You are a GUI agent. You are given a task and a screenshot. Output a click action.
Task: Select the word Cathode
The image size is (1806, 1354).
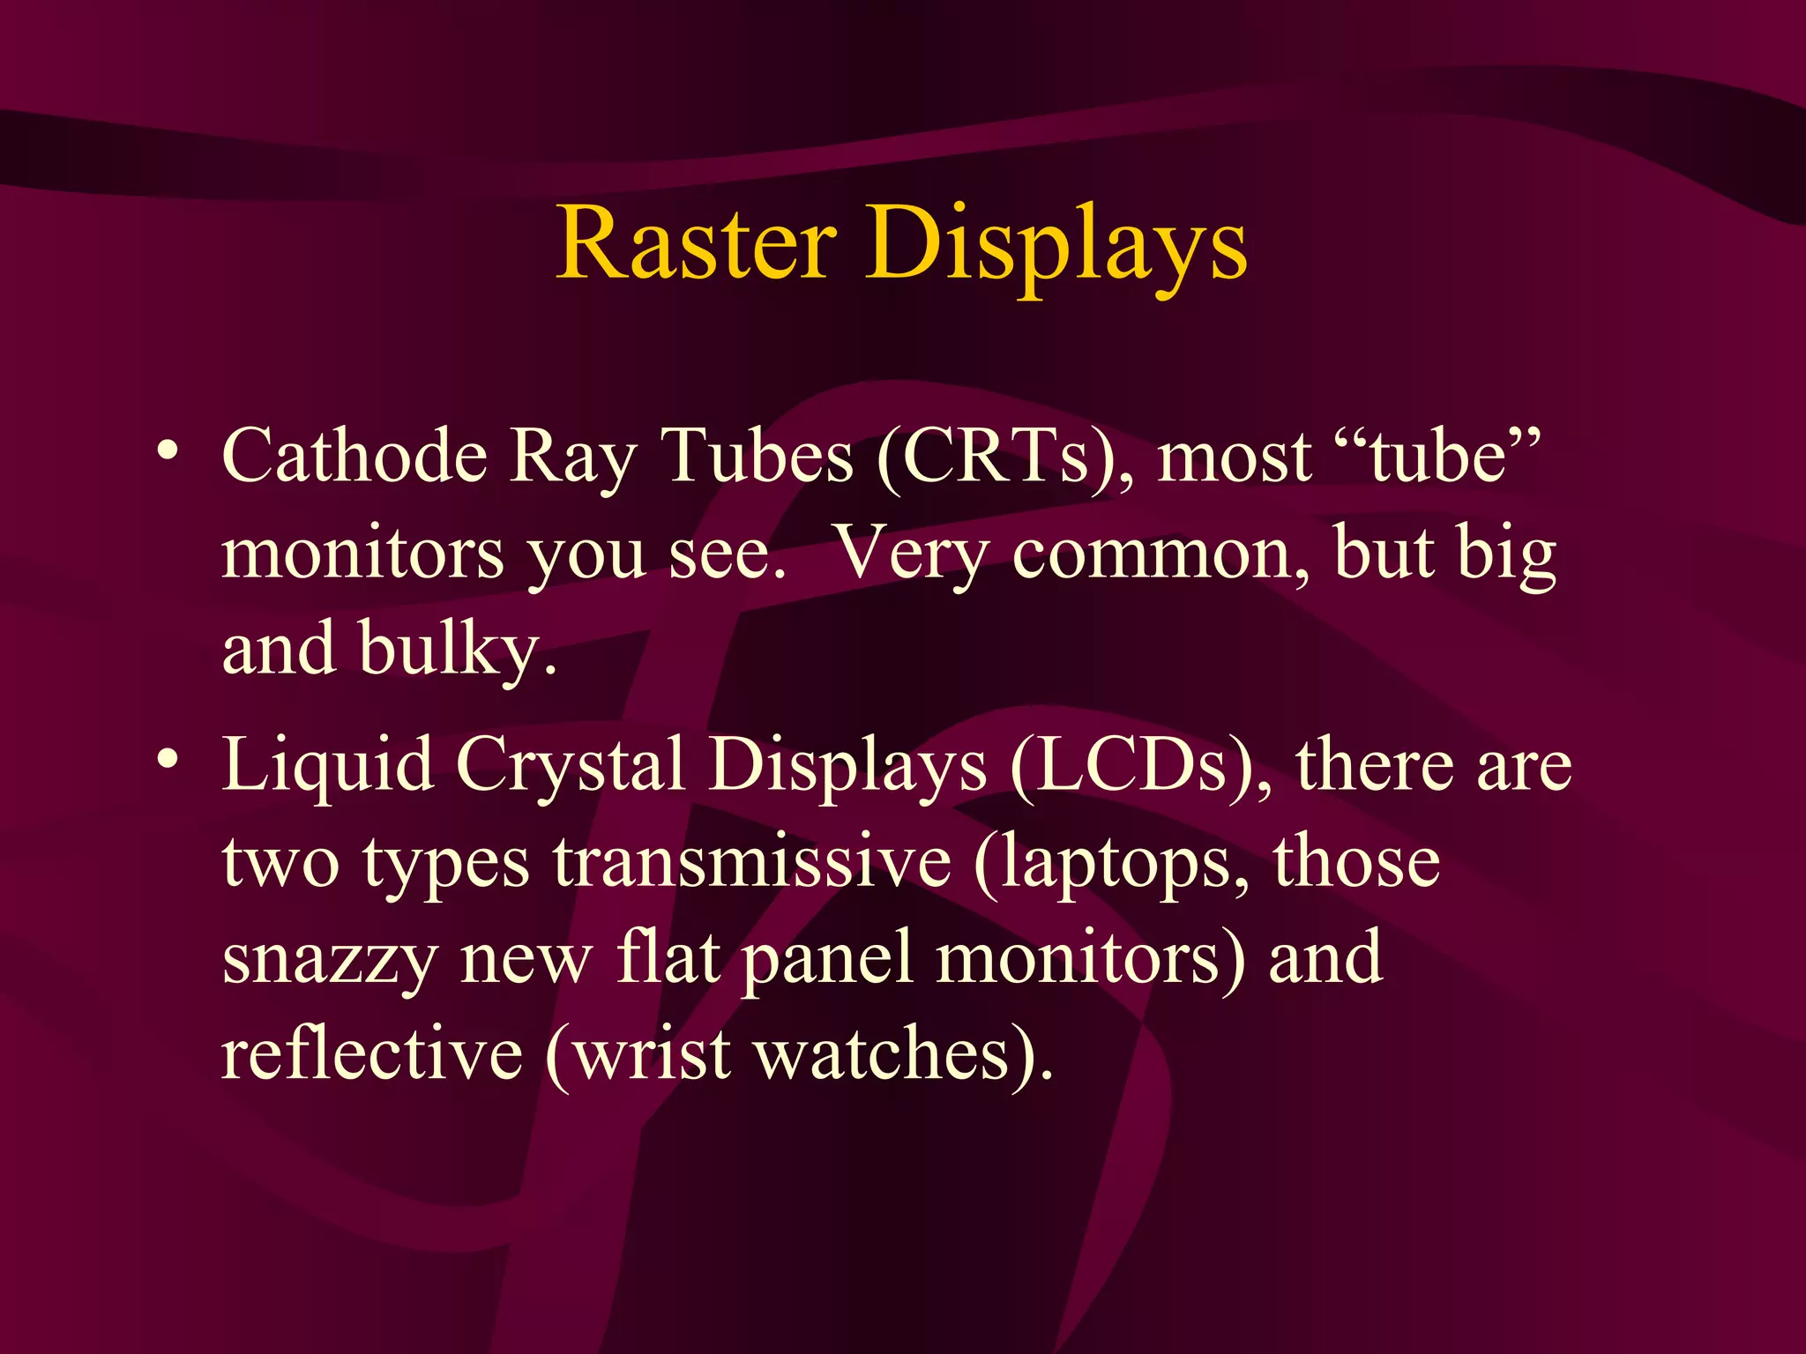click(354, 457)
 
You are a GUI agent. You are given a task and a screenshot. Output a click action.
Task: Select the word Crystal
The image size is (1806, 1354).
click(571, 765)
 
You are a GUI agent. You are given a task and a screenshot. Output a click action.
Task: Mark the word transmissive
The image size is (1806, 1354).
click(752, 862)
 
